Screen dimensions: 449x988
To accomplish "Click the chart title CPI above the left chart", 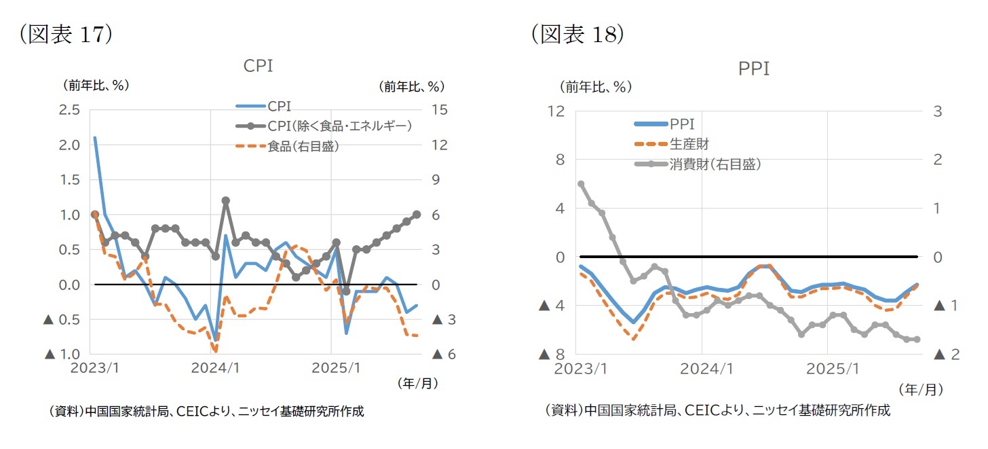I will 258,66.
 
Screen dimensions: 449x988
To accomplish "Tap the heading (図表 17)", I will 65,35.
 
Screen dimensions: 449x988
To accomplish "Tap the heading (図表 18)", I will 577,34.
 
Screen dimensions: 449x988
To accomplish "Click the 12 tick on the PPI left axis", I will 556,111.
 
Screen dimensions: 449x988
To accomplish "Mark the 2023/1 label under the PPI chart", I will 581,370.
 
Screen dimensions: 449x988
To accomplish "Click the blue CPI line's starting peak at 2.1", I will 94,138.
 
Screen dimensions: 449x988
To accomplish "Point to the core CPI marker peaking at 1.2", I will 225,201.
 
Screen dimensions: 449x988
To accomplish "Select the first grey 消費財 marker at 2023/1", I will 581,184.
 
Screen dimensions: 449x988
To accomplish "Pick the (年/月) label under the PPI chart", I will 920,390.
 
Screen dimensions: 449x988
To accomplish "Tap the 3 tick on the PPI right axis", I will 938,111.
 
